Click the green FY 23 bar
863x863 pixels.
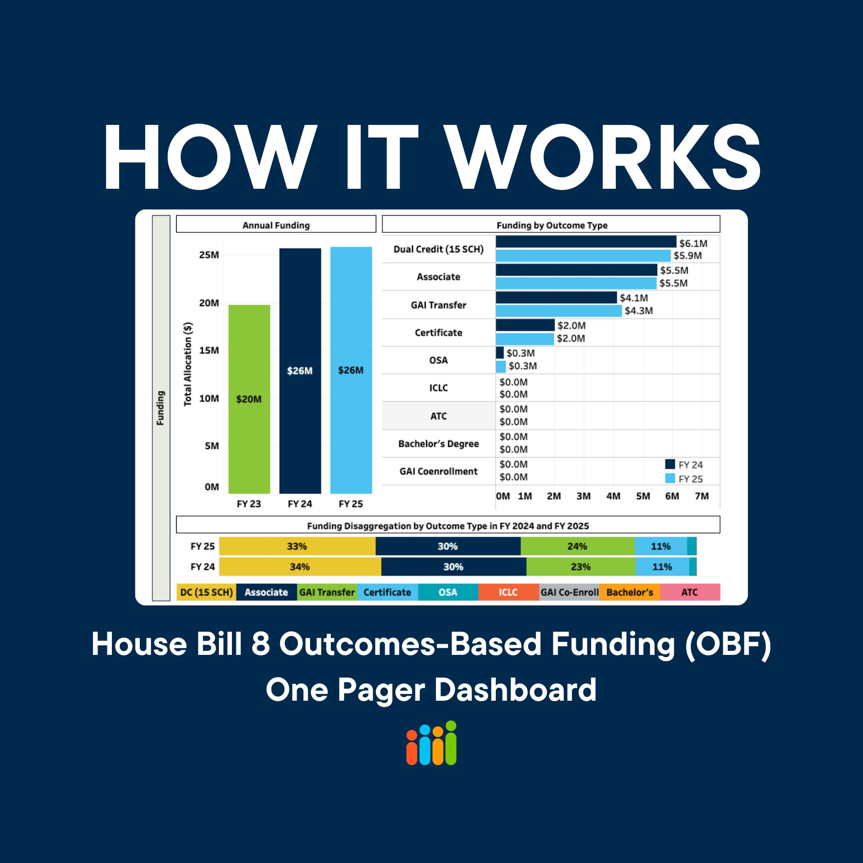(249, 399)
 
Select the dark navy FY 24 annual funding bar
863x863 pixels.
(300, 370)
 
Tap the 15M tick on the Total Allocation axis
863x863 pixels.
(209, 350)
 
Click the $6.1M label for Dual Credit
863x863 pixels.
(693, 243)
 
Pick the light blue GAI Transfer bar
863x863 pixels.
(558, 311)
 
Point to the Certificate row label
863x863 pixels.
(438, 333)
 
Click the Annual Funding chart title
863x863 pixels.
(276, 225)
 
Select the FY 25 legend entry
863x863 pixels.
(685, 479)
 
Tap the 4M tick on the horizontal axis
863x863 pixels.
(613, 496)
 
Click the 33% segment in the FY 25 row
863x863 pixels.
(297, 546)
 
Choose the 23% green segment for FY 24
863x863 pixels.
(580, 567)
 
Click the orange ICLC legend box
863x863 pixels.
(508, 592)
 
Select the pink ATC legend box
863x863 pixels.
(690, 592)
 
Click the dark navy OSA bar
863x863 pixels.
(499, 352)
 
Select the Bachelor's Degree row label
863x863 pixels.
(438, 444)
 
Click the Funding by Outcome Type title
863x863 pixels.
(552, 225)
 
